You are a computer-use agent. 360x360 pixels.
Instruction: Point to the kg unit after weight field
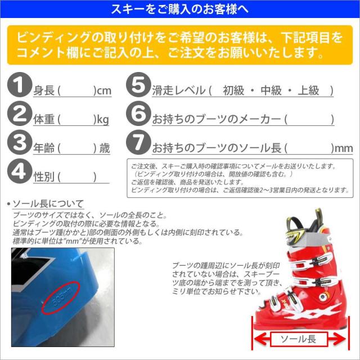tap(102, 120)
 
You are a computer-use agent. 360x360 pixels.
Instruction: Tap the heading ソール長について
tap(48, 203)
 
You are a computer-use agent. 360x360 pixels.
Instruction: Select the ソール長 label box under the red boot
tap(297, 339)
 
